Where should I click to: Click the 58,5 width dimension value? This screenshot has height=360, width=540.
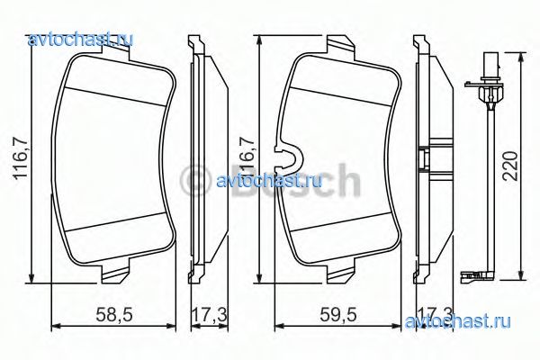(x=114, y=314)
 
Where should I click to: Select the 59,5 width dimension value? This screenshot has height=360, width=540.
(x=338, y=314)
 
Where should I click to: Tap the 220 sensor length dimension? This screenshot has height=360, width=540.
(x=510, y=166)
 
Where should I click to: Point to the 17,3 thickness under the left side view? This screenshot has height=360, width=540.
(x=209, y=314)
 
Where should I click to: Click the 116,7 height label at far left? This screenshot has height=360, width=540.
(x=21, y=157)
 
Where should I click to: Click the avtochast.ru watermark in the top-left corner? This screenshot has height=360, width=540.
(x=80, y=40)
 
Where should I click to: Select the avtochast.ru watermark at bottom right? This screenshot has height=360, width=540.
(x=458, y=321)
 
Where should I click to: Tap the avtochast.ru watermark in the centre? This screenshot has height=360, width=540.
(x=269, y=181)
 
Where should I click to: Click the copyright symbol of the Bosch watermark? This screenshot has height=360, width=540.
(x=195, y=181)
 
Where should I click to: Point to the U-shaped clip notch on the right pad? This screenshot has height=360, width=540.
(x=289, y=158)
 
